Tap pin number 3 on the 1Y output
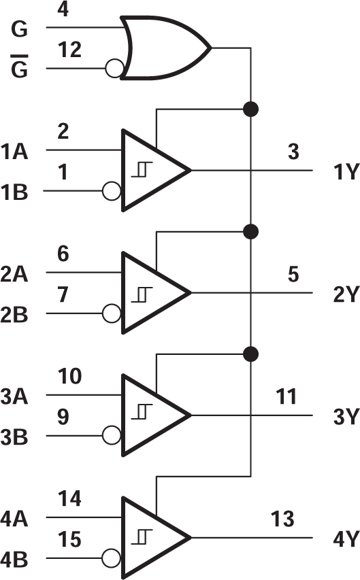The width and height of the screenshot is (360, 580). point(293,152)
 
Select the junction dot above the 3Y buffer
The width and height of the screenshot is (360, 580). point(251,354)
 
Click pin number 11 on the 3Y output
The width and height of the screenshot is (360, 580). point(285,396)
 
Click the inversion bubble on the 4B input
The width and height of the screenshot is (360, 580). point(112,559)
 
